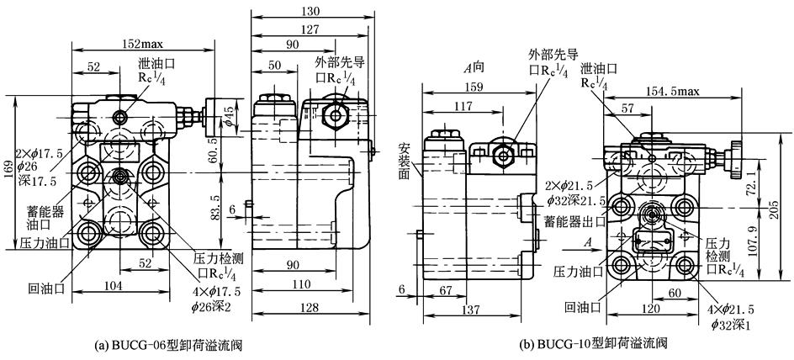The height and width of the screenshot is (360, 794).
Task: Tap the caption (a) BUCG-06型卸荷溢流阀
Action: [170, 344]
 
